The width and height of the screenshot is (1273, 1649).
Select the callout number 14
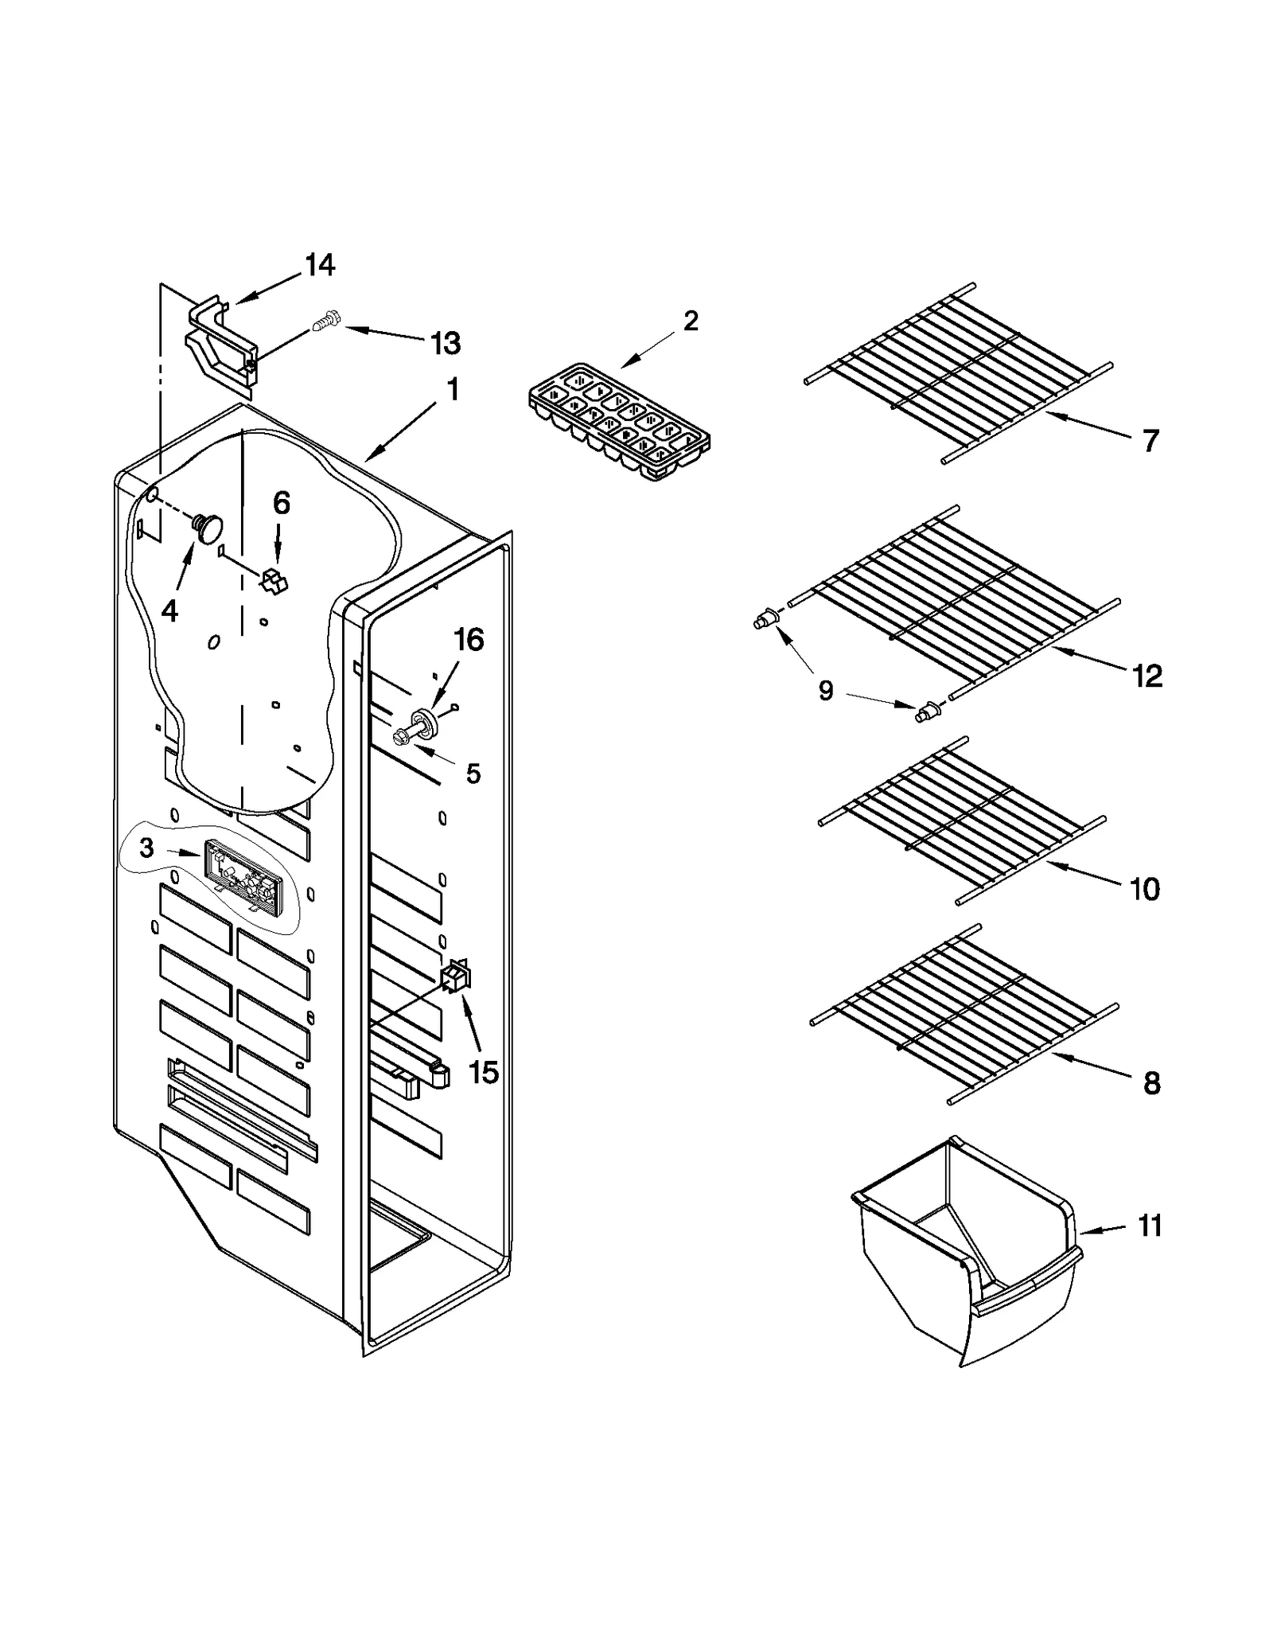pos(320,265)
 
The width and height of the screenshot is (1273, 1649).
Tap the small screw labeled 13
pos(326,323)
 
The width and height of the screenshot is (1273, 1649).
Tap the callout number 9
pos(826,691)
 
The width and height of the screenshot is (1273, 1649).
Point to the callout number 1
pos(452,390)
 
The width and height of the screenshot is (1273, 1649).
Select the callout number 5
pos(473,773)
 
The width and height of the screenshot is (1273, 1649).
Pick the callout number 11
pos(1150,1226)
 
